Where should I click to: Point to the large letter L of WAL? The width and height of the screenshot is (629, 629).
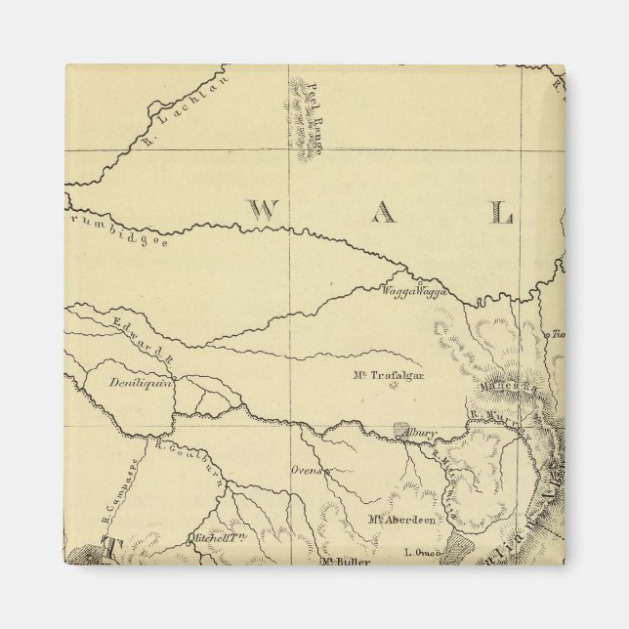pyautogui.click(x=500, y=212)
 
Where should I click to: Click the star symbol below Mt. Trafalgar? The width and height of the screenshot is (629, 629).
pyautogui.click(x=395, y=387)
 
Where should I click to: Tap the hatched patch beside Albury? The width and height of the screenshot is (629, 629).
pyautogui.click(x=402, y=430)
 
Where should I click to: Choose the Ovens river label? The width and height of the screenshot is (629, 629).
pyautogui.click(x=307, y=471)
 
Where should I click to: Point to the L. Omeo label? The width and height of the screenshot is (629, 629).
pyautogui.click(x=426, y=553)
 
